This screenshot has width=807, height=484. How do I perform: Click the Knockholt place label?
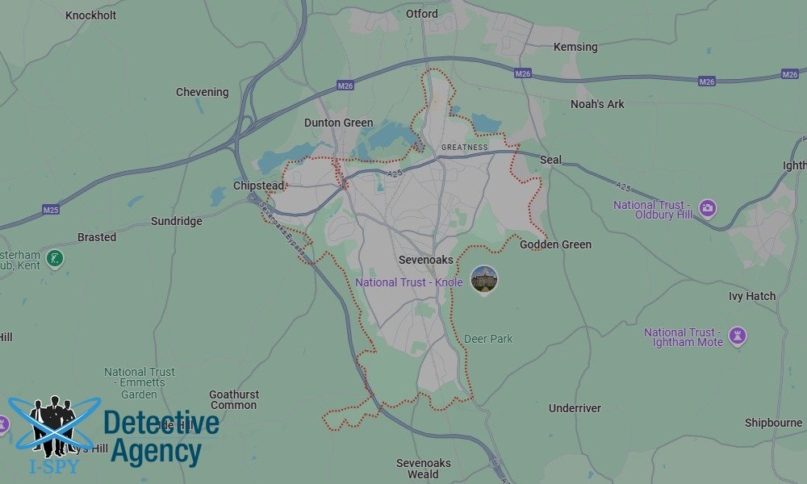pyautogui.click(x=90, y=15)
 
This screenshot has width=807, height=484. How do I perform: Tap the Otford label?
pyautogui.click(x=422, y=14)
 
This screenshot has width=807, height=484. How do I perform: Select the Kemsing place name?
pyautogui.click(x=575, y=47)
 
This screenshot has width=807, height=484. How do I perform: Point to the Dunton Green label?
pyautogui.click(x=338, y=123)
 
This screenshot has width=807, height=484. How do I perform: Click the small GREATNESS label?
pyautogui.click(x=465, y=148)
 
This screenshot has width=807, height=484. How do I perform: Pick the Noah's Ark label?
pyautogui.click(x=597, y=104)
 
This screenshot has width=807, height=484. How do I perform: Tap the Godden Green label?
pyautogui.click(x=555, y=244)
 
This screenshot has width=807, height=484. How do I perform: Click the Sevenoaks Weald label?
pyautogui.click(x=423, y=469)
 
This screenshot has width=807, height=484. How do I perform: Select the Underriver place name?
pyautogui.click(x=575, y=408)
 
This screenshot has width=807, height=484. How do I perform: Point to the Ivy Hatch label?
pyautogui.click(x=751, y=296)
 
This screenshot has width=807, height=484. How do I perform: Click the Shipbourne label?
pyautogui.click(x=773, y=423)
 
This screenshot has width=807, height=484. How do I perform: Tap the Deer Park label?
pyautogui.click(x=488, y=339)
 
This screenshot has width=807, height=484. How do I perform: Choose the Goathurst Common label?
pyautogui.click(x=234, y=399)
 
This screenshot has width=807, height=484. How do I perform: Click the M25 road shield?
pyautogui.click(x=51, y=210)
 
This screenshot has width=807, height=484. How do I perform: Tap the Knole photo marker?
pyautogui.click(x=484, y=279)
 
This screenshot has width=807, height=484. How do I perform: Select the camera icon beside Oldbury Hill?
pyautogui.click(x=708, y=209)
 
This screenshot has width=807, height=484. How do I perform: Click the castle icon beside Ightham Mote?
pyautogui.click(x=737, y=336)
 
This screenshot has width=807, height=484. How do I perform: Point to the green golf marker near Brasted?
pyautogui.click(x=55, y=259)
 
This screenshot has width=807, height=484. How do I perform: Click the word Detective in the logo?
pyautogui.click(x=161, y=423)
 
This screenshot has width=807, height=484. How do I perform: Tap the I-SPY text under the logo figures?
pyautogui.click(x=53, y=467)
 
